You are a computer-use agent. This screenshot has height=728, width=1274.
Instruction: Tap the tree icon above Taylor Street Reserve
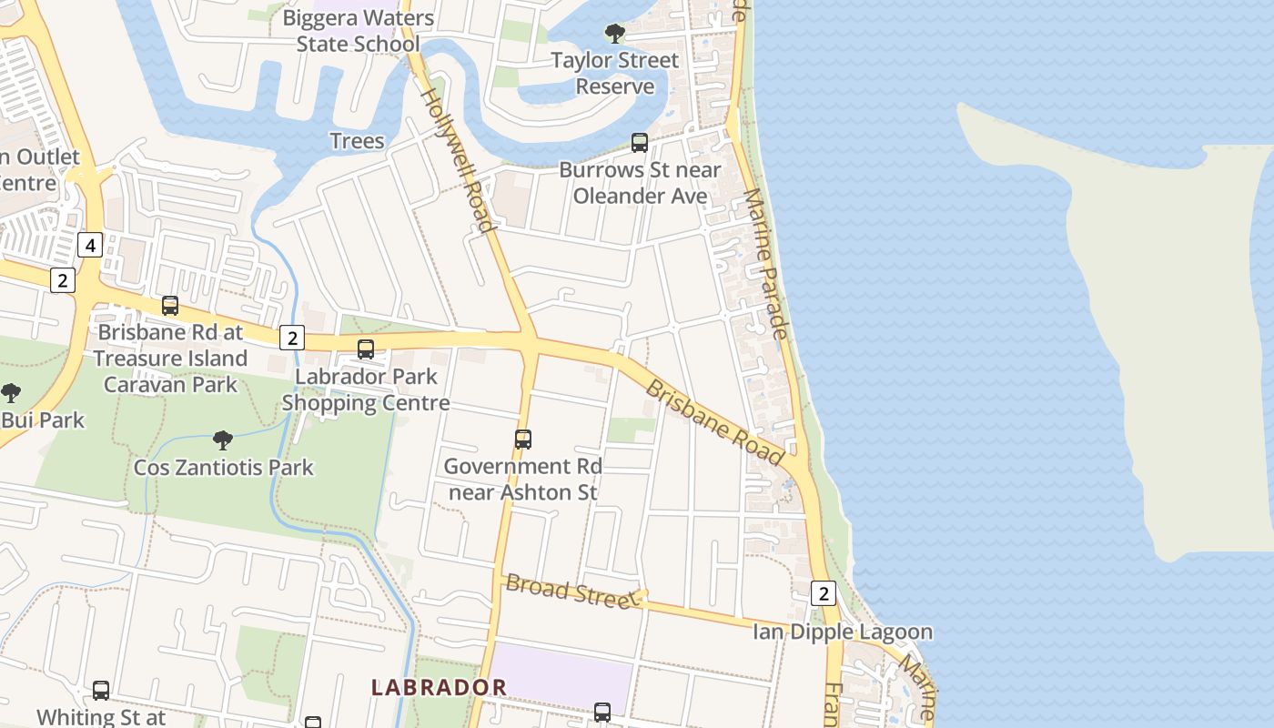(x=615, y=35)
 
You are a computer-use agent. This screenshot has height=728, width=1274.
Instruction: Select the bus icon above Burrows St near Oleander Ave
(x=640, y=143)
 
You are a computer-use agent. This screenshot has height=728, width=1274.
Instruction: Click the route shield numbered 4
(x=89, y=245)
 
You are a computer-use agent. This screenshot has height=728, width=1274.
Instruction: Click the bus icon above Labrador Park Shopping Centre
(x=366, y=349)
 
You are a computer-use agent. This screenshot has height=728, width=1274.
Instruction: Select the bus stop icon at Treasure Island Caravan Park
(x=170, y=306)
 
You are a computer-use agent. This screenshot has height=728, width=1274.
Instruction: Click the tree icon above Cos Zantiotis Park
(x=223, y=441)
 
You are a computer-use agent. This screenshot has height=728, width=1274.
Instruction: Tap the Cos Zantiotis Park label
(x=223, y=468)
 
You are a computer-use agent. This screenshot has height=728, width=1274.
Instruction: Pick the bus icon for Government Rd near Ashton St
(x=523, y=440)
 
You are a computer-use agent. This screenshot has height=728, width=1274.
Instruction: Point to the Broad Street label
(x=571, y=591)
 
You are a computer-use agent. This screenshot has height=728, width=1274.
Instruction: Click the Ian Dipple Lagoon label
(x=842, y=632)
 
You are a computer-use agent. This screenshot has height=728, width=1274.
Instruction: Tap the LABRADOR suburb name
(x=439, y=687)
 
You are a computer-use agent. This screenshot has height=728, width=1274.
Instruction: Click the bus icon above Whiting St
(x=101, y=691)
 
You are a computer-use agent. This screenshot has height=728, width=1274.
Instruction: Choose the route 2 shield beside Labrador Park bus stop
(x=291, y=338)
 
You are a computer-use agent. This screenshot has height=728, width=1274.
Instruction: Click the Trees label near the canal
(x=357, y=141)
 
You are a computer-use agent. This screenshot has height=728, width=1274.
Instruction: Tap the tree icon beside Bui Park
(x=11, y=393)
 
